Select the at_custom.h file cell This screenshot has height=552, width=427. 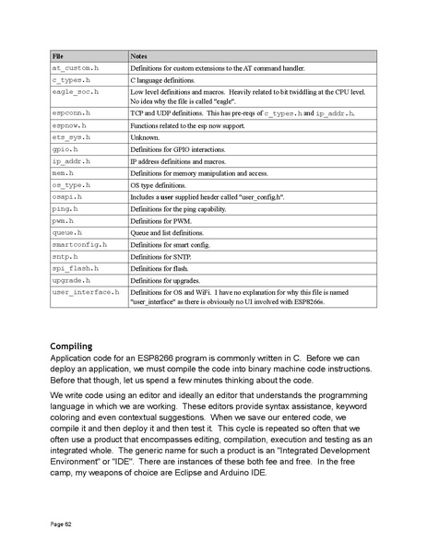pos(76,69)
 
